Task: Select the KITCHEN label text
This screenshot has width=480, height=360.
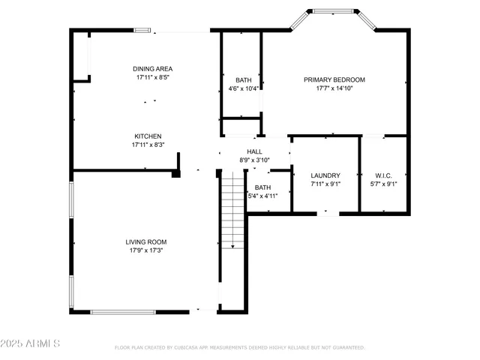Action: pos(148,136)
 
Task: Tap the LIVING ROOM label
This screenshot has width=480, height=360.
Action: pos(145,241)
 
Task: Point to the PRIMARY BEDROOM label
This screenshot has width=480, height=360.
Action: pos(334,79)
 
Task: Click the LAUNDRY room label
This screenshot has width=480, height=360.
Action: pos(325,175)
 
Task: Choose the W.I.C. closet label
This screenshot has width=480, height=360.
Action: pos(383,175)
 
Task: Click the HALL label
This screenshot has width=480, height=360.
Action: pos(254,151)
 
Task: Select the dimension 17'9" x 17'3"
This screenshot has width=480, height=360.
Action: pos(145,250)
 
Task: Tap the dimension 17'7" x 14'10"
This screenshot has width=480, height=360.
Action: pos(334,88)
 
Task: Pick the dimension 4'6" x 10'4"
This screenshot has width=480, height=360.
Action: pos(243,88)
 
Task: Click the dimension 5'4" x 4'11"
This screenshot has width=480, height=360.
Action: pos(262,196)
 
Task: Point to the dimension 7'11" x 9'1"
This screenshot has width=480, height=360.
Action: pos(325,184)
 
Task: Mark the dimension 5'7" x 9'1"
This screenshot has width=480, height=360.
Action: pos(383,184)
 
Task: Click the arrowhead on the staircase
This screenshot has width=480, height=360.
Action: pos(232,246)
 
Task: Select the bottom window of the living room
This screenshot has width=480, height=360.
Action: pos(123,311)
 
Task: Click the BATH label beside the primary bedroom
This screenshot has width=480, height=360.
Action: pos(243,79)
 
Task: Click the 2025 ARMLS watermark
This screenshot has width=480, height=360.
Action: pos(31,343)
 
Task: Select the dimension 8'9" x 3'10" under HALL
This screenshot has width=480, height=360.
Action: pos(254,160)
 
